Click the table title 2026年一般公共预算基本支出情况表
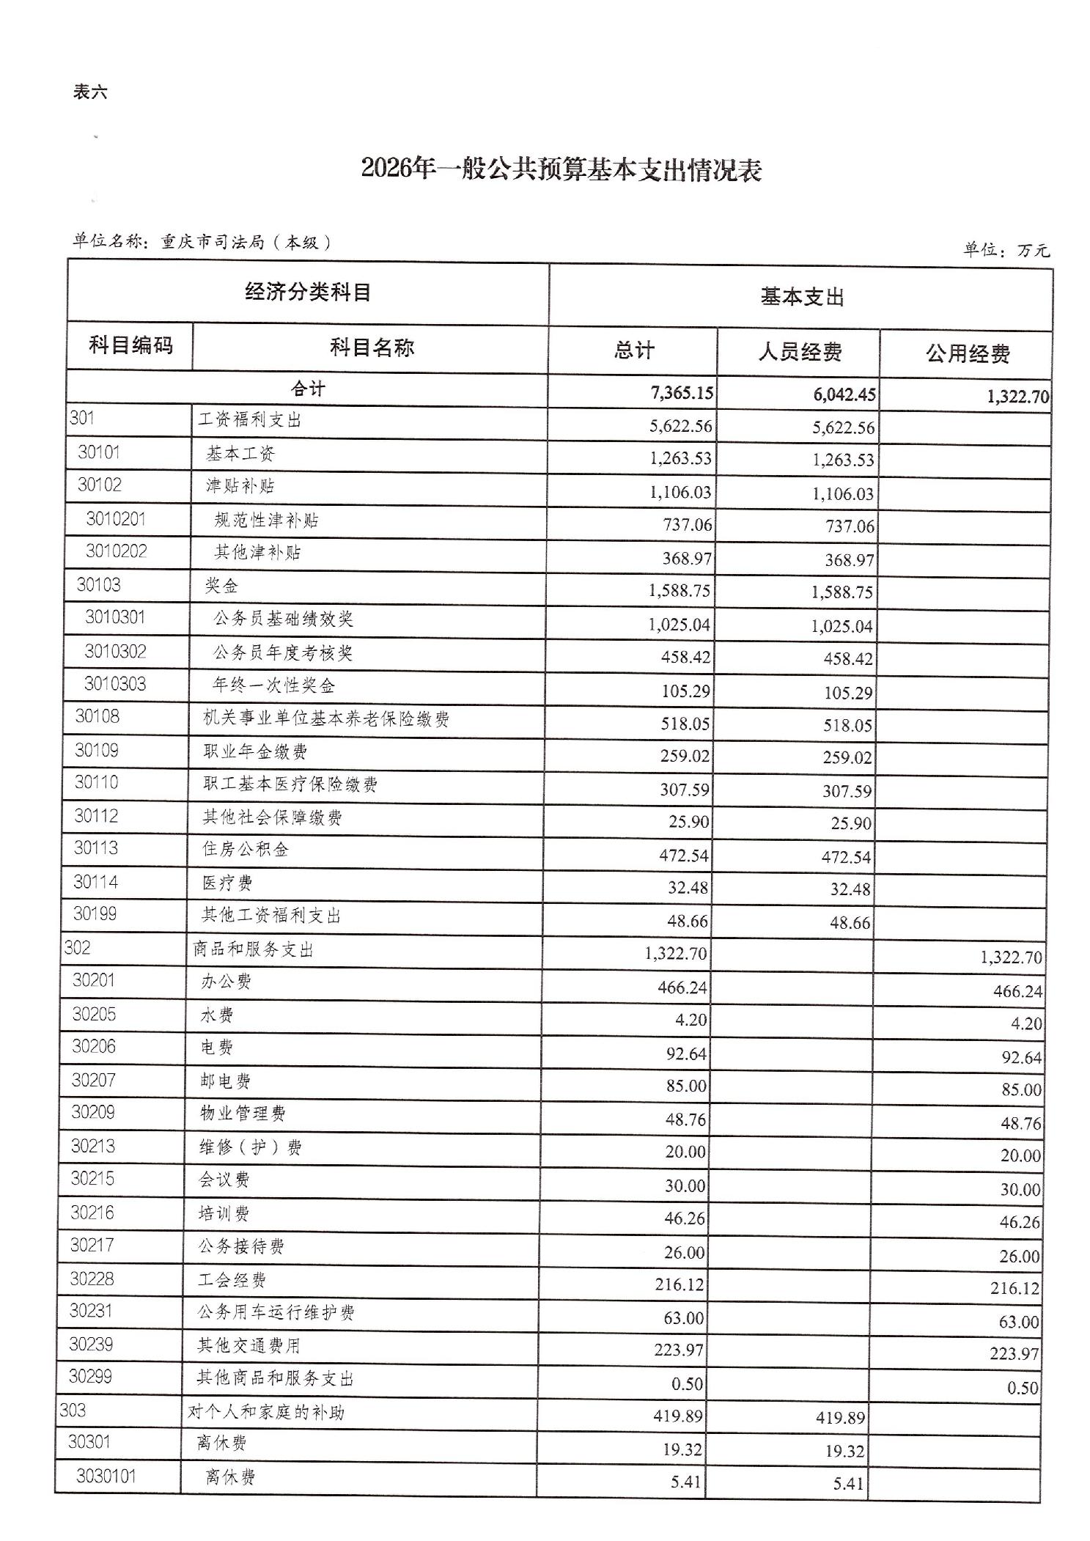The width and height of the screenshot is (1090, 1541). [x=561, y=170]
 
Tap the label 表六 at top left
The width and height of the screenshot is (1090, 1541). [x=90, y=92]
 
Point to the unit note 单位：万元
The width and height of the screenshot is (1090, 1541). [x=1006, y=250]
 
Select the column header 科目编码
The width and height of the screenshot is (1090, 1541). [x=130, y=345]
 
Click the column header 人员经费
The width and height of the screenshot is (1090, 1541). [x=800, y=353]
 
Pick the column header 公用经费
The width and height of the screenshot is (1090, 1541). [x=968, y=355]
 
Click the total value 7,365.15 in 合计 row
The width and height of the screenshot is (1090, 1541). [x=682, y=393]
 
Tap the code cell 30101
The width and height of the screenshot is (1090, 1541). [x=99, y=452]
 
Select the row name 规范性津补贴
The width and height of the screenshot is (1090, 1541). [x=266, y=521]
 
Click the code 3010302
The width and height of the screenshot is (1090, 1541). [x=115, y=652]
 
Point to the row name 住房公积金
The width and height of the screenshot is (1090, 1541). [x=246, y=850]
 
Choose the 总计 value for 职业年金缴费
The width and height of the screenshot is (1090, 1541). [x=685, y=756]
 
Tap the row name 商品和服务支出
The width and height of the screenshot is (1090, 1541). [x=253, y=950]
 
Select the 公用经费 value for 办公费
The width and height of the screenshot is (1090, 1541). [x=1017, y=992]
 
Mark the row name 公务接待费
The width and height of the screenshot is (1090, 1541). [x=241, y=1246]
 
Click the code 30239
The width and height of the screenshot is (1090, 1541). [x=91, y=1345]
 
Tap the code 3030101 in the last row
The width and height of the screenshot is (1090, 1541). [x=106, y=1476]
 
